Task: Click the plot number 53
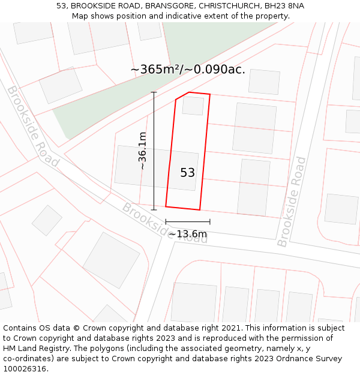[x=187, y=173]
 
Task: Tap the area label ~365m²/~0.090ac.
[x=188, y=70]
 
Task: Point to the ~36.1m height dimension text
[x=143, y=151]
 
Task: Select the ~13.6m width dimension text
[x=187, y=234]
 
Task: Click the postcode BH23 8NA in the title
[x=284, y=6]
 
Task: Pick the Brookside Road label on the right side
[x=292, y=202]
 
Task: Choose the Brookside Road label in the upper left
[x=33, y=126]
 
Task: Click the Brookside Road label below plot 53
[x=164, y=223]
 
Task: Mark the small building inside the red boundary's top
[x=193, y=106]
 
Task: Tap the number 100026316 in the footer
[x=26, y=368]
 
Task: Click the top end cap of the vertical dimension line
[x=154, y=92]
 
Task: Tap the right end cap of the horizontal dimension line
[x=209, y=222]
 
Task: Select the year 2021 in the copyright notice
[x=229, y=328]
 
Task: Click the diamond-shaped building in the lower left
[x=47, y=220]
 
